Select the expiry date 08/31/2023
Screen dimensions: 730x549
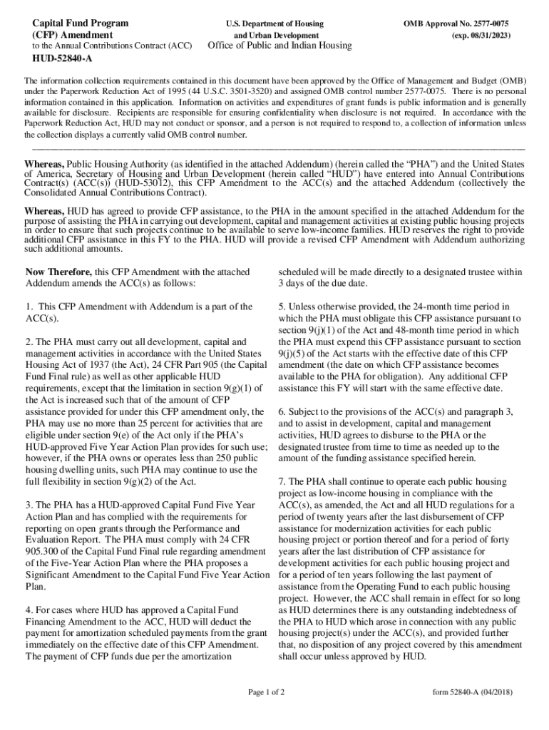click(486, 35)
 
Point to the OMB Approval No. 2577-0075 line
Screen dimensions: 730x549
click(456, 24)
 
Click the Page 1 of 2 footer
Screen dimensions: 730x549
click(266, 692)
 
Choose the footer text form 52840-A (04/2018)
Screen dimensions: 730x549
click(472, 692)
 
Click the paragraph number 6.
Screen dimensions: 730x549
click(282, 412)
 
